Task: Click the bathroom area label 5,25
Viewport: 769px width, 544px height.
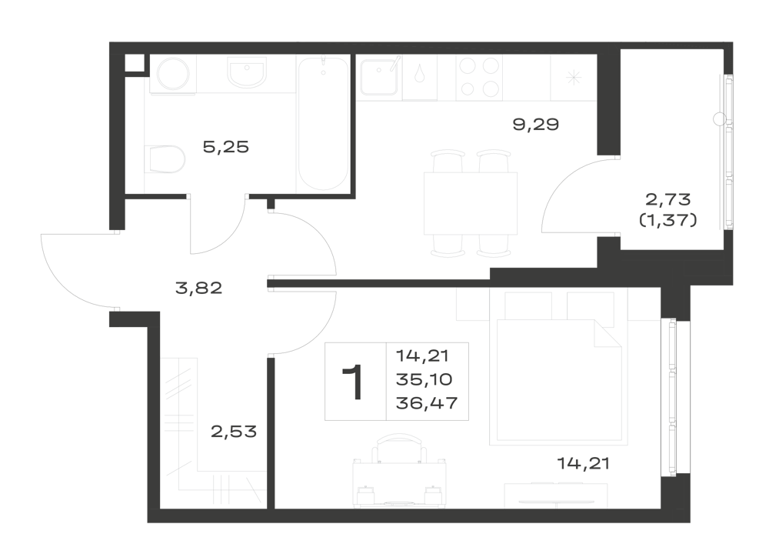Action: tap(226, 147)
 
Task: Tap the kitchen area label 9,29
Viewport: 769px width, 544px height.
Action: tap(535, 125)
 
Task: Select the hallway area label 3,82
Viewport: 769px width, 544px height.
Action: tap(198, 288)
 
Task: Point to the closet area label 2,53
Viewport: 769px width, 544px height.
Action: tap(234, 432)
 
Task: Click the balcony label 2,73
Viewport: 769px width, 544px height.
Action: tap(668, 199)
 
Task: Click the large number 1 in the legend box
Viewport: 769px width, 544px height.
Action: tap(353, 382)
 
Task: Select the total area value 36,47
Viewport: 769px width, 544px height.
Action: tap(427, 403)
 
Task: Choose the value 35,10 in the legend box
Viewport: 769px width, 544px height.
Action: tap(424, 379)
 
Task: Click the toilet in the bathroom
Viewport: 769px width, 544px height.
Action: tap(165, 159)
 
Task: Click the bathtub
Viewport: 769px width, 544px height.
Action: tap(323, 124)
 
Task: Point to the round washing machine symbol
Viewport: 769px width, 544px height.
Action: tap(173, 74)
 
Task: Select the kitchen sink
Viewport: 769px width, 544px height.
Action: tap(378, 77)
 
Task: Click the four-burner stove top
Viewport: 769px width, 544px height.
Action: tap(478, 76)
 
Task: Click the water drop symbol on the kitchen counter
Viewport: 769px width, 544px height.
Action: tap(419, 75)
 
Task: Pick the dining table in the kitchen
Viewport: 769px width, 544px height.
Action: tap(471, 203)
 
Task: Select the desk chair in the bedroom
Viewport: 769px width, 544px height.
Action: tap(399, 448)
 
